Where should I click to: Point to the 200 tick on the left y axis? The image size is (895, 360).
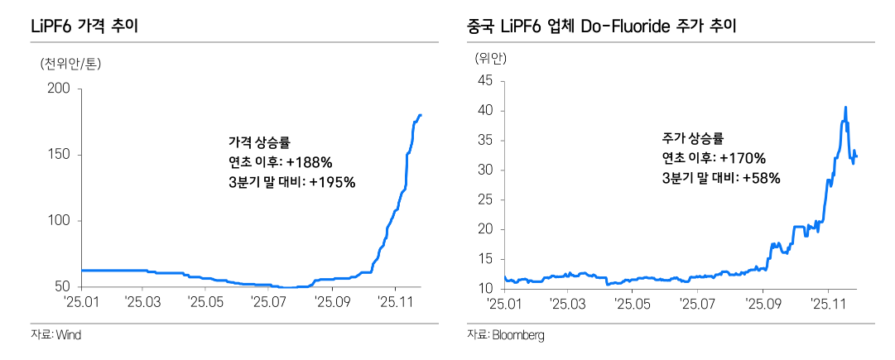62,89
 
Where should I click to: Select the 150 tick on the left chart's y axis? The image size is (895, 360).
62,155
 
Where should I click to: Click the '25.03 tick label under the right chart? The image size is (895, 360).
566,304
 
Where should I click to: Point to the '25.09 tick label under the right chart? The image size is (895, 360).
763,304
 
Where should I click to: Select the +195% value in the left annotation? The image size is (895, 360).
331,182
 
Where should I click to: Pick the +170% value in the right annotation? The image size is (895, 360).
743,158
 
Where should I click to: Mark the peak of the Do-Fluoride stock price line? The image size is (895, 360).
845,107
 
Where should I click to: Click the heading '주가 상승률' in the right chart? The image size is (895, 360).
692,138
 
